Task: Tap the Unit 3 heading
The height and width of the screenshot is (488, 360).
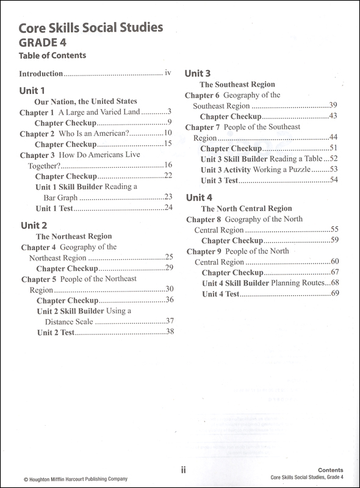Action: click(x=198, y=73)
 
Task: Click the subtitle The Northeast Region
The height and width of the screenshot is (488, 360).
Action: click(x=73, y=236)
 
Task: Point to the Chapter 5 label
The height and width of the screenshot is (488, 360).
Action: click(x=38, y=279)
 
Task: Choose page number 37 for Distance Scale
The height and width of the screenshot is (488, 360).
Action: click(x=170, y=321)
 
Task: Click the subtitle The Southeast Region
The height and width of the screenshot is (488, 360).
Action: click(x=237, y=85)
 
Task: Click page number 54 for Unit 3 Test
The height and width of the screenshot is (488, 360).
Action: click(x=333, y=181)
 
